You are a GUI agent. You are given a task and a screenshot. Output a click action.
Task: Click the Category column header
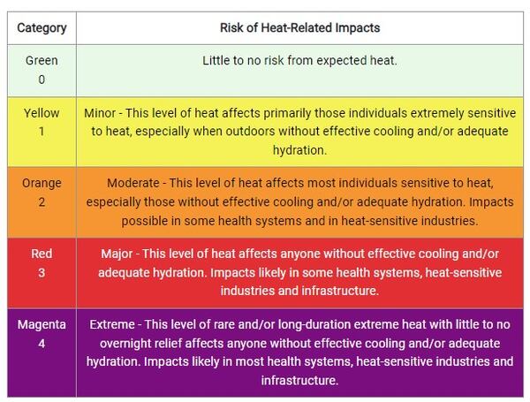coord(42,27)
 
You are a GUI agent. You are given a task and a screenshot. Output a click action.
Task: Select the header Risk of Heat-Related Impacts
coord(299,27)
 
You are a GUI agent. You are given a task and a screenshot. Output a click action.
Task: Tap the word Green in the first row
coord(42,61)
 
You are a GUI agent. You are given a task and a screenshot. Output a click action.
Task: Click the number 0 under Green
coord(42,79)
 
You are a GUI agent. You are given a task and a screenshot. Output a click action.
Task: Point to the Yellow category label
coord(42,113)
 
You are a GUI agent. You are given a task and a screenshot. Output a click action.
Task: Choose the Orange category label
coord(42,184)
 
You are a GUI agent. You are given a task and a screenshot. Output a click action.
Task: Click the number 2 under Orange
coord(42,201)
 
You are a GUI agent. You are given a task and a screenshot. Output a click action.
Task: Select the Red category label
coord(42,254)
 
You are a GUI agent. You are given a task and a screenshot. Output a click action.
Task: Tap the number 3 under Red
coord(42,272)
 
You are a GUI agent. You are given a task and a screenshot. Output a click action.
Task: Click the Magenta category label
coord(42,325)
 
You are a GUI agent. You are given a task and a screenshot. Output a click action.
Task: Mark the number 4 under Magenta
coord(42,343)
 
